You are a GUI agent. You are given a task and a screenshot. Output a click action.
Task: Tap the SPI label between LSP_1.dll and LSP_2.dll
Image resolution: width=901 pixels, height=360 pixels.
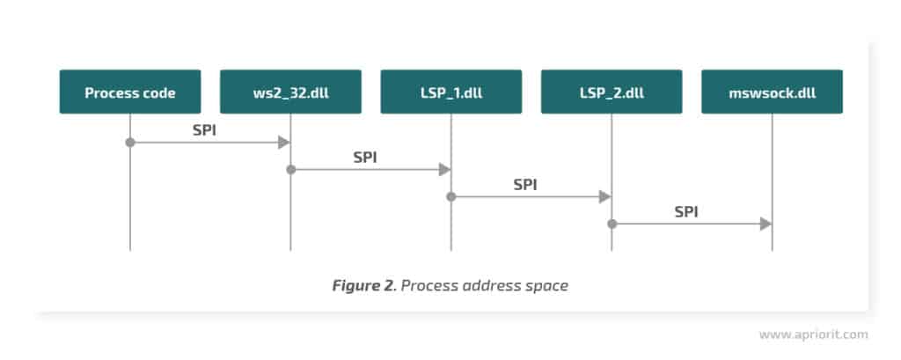click(x=526, y=184)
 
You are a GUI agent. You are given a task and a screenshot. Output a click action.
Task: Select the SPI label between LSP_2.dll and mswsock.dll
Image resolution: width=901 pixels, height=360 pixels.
click(x=687, y=211)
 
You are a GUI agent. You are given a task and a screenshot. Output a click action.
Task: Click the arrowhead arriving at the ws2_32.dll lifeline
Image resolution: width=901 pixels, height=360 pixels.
click(x=284, y=142)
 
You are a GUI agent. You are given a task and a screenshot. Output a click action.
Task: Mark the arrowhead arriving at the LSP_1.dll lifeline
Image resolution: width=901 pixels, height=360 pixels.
click(x=444, y=169)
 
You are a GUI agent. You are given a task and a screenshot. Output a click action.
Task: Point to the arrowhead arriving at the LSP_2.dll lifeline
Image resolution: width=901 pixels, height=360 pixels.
click(x=604, y=197)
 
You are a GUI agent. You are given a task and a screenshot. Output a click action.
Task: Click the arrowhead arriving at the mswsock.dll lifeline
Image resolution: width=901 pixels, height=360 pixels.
click(x=765, y=224)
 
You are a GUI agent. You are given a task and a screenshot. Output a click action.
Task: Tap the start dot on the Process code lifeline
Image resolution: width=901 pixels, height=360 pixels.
click(x=130, y=142)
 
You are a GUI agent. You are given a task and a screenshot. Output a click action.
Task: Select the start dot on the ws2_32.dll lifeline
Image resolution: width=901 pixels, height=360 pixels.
click(x=290, y=169)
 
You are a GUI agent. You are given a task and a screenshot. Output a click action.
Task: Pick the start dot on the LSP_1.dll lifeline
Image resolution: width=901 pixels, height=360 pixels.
click(x=450, y=197)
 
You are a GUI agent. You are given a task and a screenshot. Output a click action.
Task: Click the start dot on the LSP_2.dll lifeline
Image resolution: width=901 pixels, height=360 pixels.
click(x=612, y=224)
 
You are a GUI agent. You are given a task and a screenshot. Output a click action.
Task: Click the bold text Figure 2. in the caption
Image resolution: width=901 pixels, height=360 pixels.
click(x=363, y=285)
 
